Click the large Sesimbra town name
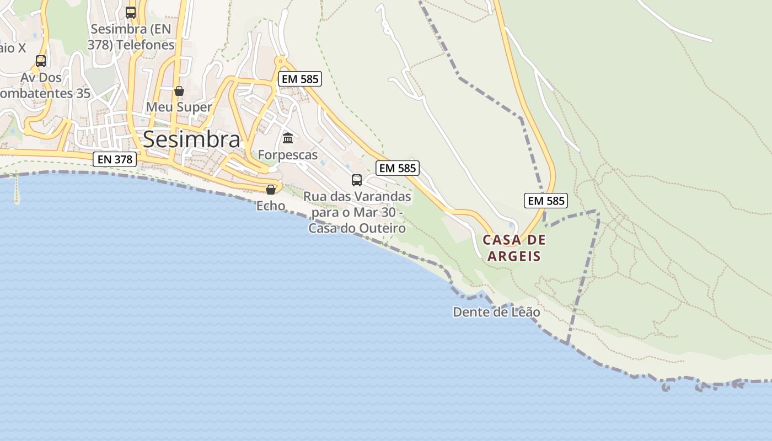coord(191,139)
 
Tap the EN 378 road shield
coord(114,159)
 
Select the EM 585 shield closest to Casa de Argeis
coord(546,201)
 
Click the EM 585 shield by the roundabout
coord(299,79)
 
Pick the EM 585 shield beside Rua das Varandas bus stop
coord(398,168)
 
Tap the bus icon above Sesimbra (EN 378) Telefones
coord(131,12)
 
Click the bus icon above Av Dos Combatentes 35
coord(40,61)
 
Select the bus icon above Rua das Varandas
coord(357,180)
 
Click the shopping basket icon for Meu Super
coord(179,91)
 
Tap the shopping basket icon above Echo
coord(271,190)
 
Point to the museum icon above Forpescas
coord(288,138)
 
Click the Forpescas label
coord(288,155)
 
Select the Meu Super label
coord(180,107)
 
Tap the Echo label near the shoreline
coord(271,206)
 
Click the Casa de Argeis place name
coord(514,248)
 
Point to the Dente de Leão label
coord(496,312)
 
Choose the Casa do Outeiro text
coord(357,228)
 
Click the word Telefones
coord(144,45)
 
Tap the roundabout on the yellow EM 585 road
coord(280,61)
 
